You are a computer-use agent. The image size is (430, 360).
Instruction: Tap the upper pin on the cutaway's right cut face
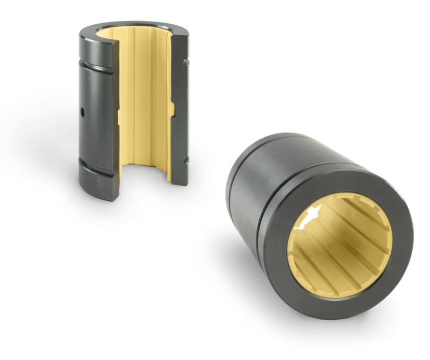coord(185,62)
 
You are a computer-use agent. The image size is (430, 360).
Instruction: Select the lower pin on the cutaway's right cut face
coord(185,159)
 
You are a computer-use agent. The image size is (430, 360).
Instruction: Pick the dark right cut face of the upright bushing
coord(179,108)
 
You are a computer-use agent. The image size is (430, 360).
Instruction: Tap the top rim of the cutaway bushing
coord(134,25)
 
